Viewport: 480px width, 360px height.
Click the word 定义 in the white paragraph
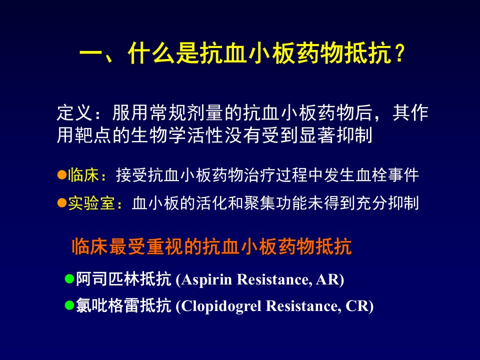point(74,113)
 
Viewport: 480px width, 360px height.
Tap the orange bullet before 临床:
point(62,175)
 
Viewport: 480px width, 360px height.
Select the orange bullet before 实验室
point(62,202)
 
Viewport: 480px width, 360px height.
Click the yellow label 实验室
point(91,203)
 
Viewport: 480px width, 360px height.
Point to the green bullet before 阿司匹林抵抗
point(70,278)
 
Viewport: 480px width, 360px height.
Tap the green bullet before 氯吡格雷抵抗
point(70,305)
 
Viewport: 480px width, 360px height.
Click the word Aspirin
point(206,279)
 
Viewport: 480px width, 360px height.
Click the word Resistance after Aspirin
point(274,279)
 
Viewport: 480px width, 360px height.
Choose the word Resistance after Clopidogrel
point(303,306)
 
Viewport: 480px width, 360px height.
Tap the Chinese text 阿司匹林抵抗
point(123,279)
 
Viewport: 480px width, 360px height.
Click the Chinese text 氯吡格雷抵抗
point(123,305)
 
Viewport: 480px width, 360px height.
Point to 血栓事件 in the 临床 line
point(387,175)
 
